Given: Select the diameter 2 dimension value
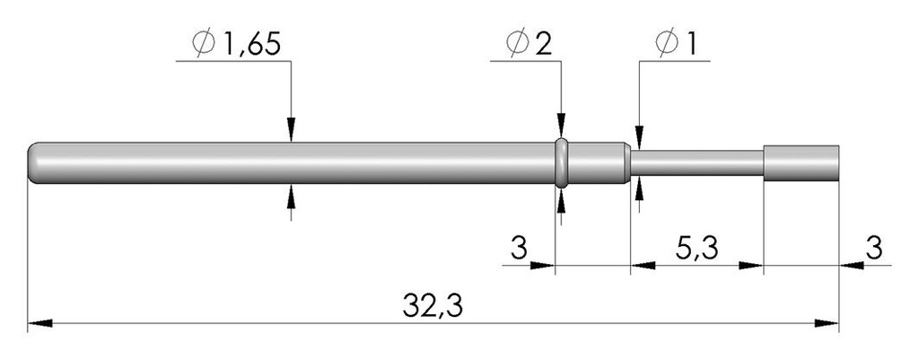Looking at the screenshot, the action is pyautogui.click(x=543, y=44).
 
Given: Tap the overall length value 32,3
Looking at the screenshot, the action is pyautogui.click(x=433, y=307).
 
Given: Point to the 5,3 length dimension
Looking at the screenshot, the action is pyautogui.click(x=696, y=250).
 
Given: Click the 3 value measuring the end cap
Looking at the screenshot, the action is pyautogui.click(x=874, y=249).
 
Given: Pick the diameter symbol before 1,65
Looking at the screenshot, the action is pyautogui.click(x=204, y=44).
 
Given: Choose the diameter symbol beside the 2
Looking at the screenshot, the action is pyautogui.click(x=518, y=44).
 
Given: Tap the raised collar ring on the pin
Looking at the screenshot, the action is pyautogui.click(x=562, y=163).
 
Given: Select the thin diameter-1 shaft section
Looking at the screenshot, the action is pyautogui.click(x=696, y=163).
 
